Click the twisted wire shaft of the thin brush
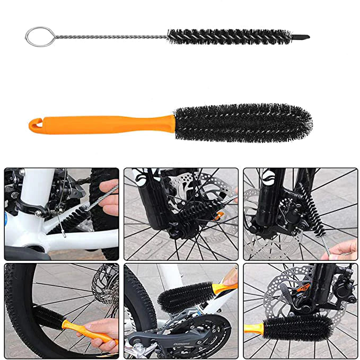point(106,37)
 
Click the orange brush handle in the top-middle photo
point(218,214)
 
